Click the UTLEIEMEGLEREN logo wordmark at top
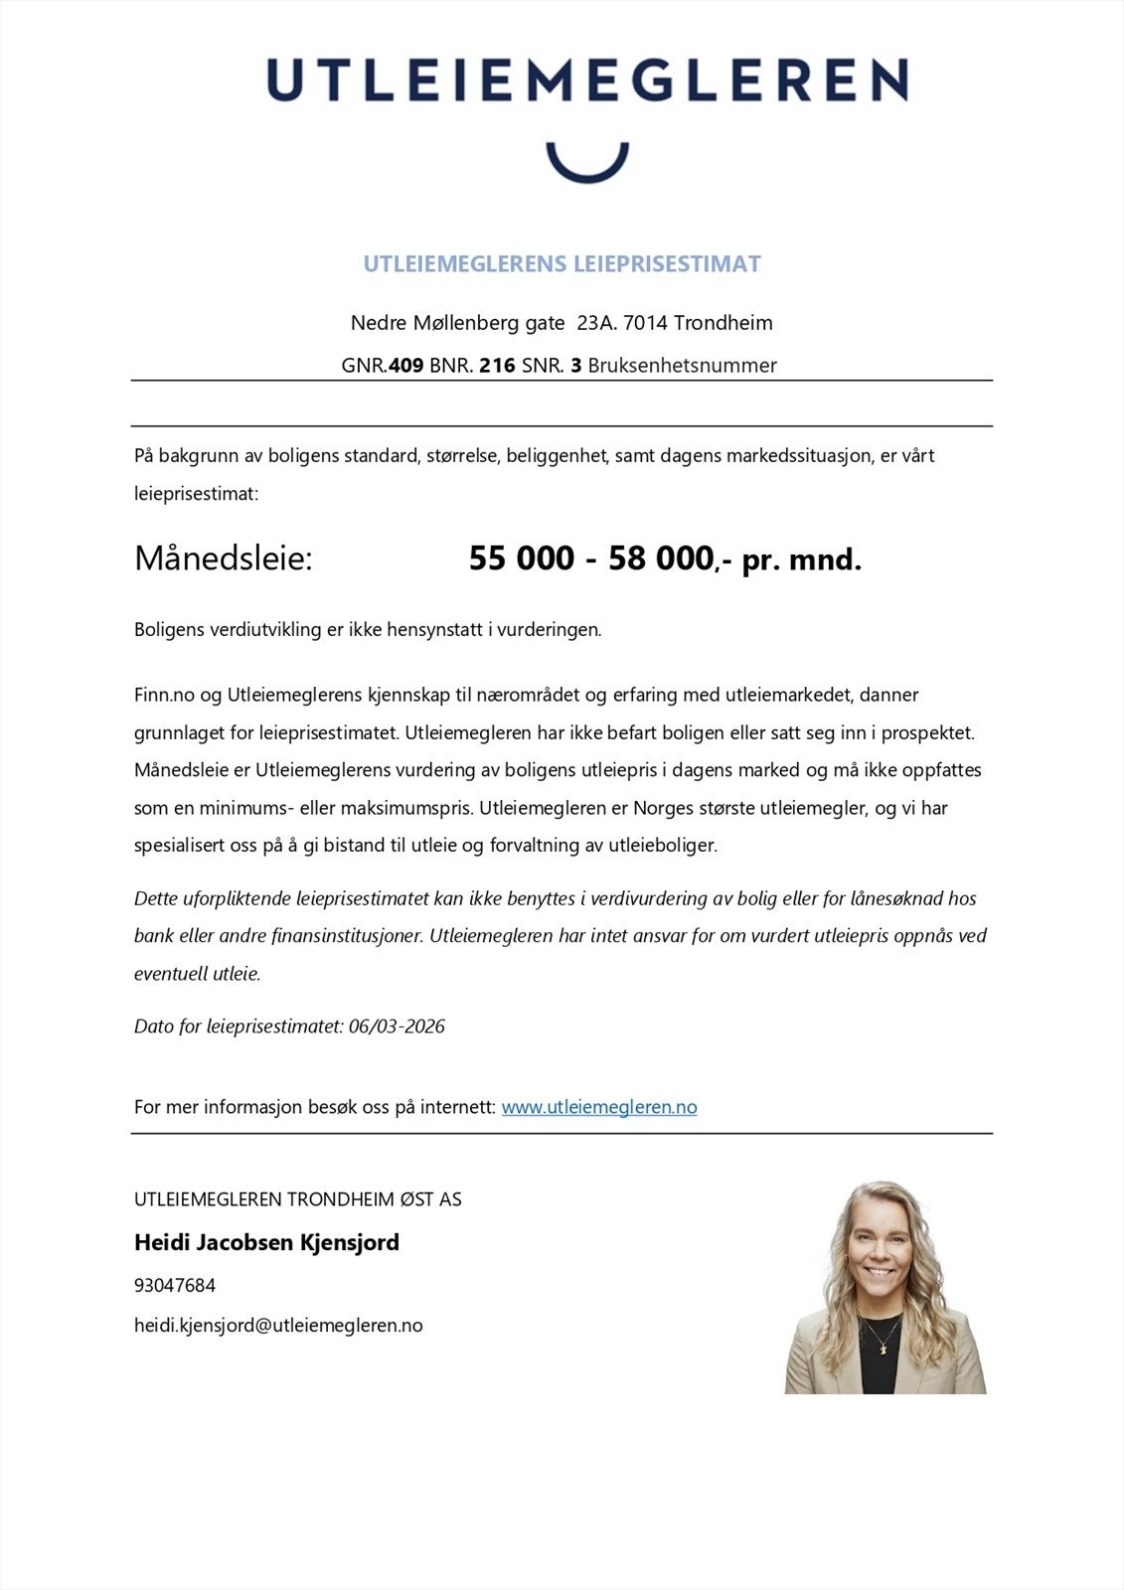586,79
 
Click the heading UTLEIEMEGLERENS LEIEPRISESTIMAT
562,264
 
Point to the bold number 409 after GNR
405,366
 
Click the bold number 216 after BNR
497,366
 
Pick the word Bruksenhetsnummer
682,366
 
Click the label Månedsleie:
224,558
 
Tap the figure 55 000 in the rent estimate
522,558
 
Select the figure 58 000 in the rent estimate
661,558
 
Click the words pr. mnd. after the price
802,560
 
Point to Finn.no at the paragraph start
164,695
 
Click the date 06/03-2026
397,1027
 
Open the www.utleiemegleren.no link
599,1107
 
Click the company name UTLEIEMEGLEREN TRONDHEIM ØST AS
298,1199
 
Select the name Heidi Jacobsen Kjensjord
266,1242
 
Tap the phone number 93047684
175,1285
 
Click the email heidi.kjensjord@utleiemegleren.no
278,1326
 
